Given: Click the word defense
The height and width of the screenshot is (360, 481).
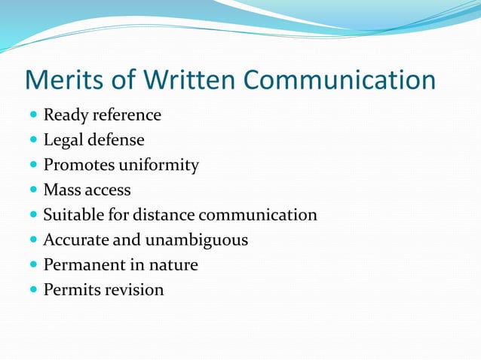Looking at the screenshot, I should (x=116, y=140).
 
